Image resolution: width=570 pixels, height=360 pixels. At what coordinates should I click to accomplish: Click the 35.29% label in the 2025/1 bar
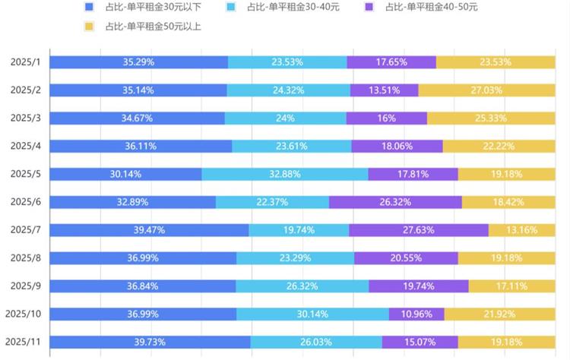[x=138, y=62]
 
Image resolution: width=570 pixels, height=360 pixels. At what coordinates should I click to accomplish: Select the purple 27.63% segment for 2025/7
[x=419, y=230]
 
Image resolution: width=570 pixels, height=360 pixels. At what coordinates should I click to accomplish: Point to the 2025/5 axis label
[x=26, y=174]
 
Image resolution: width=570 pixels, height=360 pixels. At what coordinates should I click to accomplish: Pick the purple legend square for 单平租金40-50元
[x=369, y=8]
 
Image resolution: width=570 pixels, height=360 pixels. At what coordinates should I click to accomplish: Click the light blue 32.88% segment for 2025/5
[x=285, y=174]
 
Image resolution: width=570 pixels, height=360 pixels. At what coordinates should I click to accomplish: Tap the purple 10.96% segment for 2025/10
[x=416, y=314]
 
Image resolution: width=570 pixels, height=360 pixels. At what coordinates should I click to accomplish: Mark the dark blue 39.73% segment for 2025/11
[x=150, y=342]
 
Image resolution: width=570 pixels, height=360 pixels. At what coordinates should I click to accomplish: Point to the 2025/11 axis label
[x=24, y=342]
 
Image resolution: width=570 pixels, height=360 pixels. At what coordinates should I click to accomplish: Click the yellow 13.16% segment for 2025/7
[x=522, y=230]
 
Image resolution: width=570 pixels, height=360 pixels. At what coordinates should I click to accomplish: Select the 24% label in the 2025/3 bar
[x=285, y=118]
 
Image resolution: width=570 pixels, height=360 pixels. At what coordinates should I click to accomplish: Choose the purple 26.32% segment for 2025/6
[x=395, y=202]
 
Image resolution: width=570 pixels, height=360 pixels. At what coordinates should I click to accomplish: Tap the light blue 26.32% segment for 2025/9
[x=302, y=286]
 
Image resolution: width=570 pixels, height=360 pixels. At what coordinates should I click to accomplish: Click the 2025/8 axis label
[x=26, y=258]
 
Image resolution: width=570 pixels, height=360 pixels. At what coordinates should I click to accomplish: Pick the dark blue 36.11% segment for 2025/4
[x=141, y=146]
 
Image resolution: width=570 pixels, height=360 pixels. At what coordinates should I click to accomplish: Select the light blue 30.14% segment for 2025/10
[x=312, y=314]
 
